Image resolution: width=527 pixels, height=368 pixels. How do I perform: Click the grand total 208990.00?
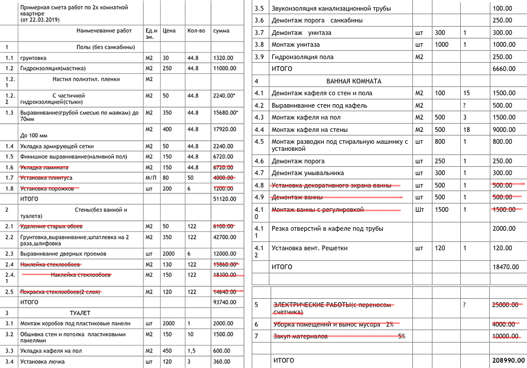point(509,360)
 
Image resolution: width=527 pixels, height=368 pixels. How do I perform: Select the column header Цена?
point(169,30)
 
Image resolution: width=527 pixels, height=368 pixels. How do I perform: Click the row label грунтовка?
point(34,58)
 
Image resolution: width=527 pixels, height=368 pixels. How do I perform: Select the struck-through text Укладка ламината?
point(44,167)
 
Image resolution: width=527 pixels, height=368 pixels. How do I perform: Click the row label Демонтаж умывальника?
point(307,173)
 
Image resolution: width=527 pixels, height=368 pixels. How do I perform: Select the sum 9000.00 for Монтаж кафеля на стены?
point(504,129)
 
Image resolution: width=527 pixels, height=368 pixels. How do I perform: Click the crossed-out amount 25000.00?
point(505,305)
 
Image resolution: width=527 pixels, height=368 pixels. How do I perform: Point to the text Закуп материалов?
point(300,336)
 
